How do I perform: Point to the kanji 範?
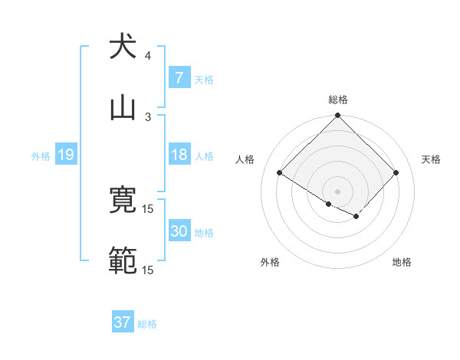[x=123, y=261]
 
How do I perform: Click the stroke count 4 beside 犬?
[x=148, y=55]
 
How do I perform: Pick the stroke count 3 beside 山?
[x=148, y=116]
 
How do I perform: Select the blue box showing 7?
[x=179, y=77]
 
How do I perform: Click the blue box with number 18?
[x=179, y=155]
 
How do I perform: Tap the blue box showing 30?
[x=179, y=231]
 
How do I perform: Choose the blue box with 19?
[x=65, y=155]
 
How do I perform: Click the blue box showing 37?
[x=122, y=322]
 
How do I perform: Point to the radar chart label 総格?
[x=338, y=100]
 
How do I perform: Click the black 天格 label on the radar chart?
[x=432, y=159]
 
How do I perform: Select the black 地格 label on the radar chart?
[x=402, y=262]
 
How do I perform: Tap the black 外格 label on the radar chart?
[x=270, y=262]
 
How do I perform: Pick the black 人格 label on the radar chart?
[x=245, y=159]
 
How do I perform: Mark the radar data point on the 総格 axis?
[x=338, y=116]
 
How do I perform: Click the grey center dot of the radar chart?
[x=338, y=191]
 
